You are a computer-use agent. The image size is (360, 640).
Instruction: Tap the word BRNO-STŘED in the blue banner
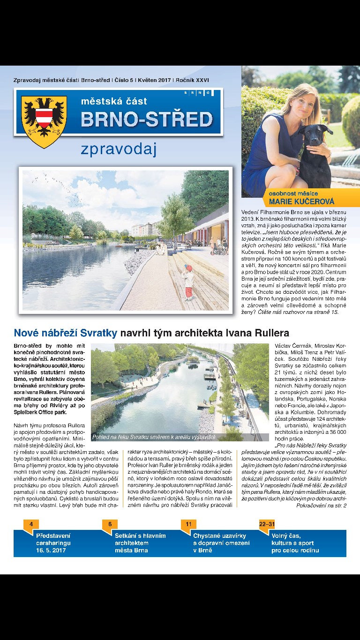coord(147,119)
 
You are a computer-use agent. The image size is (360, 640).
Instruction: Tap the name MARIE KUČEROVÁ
coord(302,202)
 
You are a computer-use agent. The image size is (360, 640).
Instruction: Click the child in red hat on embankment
coord(188,281)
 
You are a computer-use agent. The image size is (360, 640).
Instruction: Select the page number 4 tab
coord(31,524)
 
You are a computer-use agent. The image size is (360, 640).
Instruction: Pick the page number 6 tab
coord(110,524)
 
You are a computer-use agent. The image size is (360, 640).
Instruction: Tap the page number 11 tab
coord(188,524)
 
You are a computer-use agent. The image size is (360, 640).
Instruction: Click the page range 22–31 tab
coord(267,524)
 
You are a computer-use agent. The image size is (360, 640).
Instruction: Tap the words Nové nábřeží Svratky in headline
coord(65,333)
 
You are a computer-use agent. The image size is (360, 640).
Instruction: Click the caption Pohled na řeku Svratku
coord(153,437)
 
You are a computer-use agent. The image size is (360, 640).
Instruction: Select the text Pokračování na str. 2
coord(322,506)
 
